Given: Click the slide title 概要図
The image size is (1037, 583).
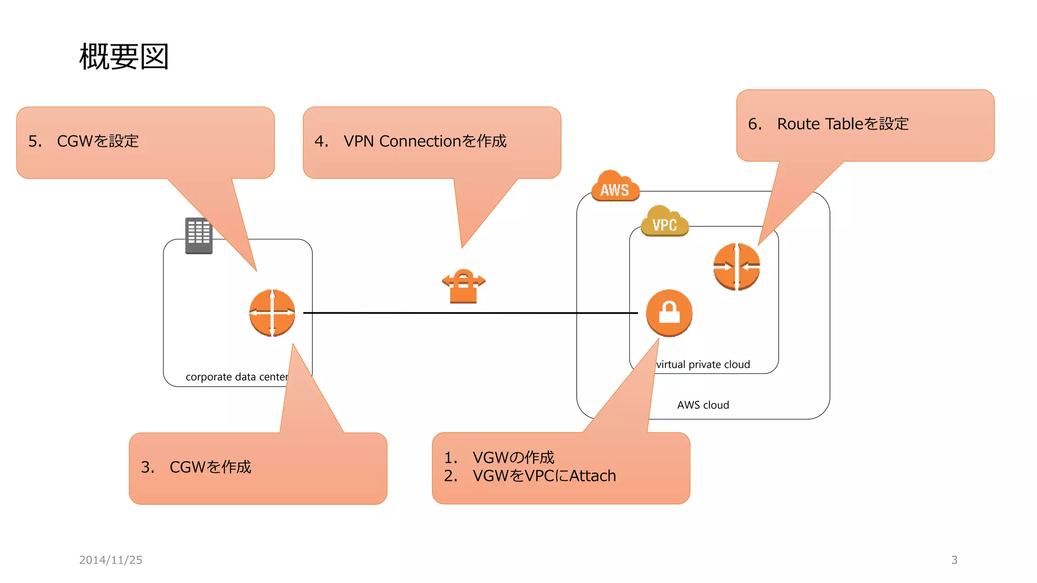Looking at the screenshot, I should click(124, 57).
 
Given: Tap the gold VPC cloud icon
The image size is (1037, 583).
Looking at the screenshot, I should click(664, 222).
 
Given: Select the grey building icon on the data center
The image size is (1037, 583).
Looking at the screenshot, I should click(198, 235).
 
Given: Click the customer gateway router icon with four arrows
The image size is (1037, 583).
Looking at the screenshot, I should click(272, 313).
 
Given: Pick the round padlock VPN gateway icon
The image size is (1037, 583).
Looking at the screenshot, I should click(669, 313).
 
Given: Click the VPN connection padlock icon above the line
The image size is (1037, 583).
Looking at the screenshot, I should click(463, 286).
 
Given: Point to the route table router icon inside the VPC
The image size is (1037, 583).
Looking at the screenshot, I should click(736, 266).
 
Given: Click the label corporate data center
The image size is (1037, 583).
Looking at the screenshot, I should click(236, 377).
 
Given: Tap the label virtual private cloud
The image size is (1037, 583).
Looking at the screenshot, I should click(703, 364).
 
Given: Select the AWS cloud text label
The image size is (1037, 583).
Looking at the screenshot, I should click(703, 405).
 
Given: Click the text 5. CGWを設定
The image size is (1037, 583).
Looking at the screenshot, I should click(84, 141).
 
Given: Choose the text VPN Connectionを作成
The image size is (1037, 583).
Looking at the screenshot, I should click(424, 141).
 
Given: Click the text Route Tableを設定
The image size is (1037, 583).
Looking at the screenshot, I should click(843, 124).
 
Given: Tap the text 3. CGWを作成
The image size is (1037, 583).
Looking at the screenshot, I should click(196, 467).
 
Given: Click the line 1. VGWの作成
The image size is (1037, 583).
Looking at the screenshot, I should click(499, 457).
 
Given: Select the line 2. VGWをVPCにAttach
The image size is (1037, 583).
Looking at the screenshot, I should click(530, 476).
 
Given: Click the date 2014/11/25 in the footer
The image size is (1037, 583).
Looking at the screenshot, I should click(110, 560).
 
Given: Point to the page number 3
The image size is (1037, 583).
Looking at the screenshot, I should click(954, 560).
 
